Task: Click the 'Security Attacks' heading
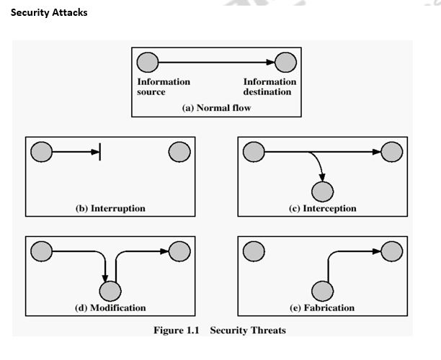(49, 13)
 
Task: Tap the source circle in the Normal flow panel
(148, 63)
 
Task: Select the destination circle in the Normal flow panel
(285, 63)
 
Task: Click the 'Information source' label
(163, 87)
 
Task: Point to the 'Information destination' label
(269, 87)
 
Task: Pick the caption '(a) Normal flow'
(215, 107)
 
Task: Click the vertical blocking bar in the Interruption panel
(99, 152)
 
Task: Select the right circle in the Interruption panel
(179, 152)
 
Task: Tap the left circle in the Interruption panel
(42, 152)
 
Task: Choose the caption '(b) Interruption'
(110, 208)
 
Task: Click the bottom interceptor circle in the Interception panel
(322, 191)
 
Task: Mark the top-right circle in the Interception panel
(392, 152)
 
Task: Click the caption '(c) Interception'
(322, 208)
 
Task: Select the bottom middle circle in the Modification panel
(110, 290)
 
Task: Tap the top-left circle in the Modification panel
(42, 251)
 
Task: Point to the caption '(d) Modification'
(110, 307)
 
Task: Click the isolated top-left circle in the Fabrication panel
(254, 251)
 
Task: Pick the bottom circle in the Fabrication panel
(322, 290)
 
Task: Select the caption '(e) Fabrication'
(322, 307)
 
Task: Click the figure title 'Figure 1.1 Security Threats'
(219, 330)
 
